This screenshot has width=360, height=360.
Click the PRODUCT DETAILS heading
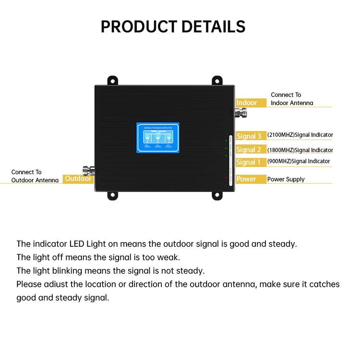tap(173, 26)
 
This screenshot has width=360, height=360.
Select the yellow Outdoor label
tap(78, 179)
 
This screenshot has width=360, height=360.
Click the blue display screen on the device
tap(157, 138)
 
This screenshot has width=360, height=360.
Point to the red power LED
tap(226, 178)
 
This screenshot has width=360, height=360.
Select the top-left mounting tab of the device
tap(113, 80)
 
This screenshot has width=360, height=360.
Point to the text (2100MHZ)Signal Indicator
tap(300, 135)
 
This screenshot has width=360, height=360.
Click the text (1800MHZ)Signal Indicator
tap(300, 150)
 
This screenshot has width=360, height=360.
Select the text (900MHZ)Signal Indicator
tap(299, 161)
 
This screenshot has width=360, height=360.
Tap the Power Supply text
tap(286, 180)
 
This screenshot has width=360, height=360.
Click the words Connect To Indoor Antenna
tap(291, 99)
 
